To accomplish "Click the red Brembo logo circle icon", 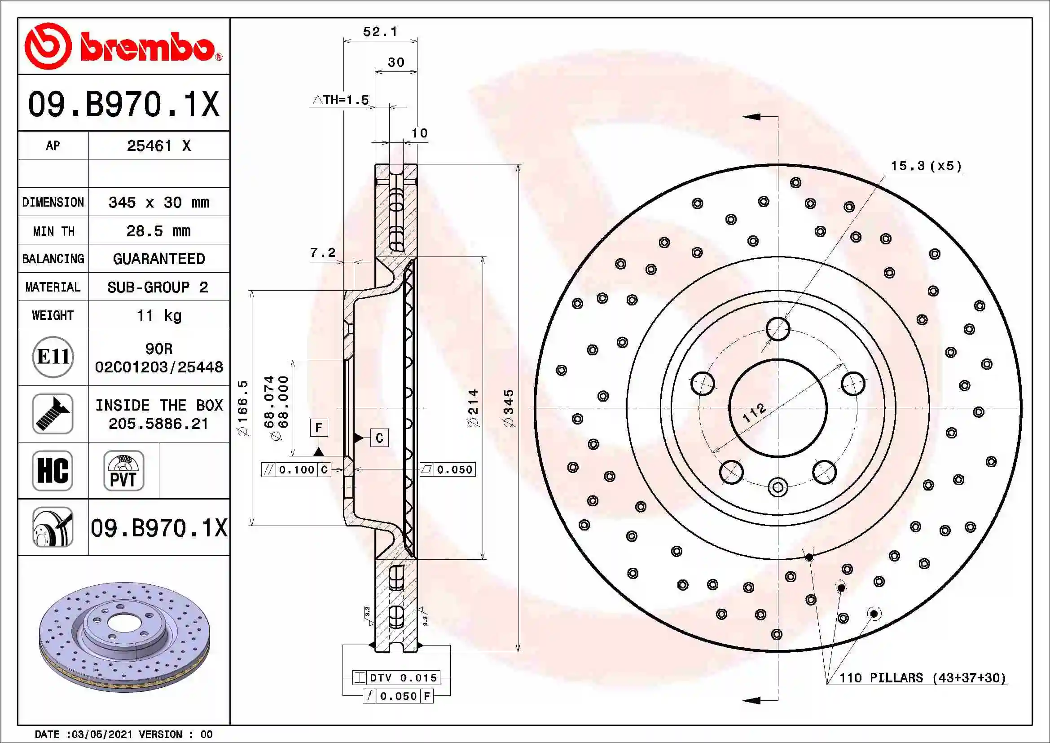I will pyautogui.click(x=48, y=46).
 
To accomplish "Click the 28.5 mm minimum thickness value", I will pyautogui.click(x=158, y=230).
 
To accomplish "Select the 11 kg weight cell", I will pyautogui.click(x=158, y=315).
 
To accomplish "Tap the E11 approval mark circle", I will pyautogui.click(x=53, y=357).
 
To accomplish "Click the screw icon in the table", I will pyautogui.click(x=53, y=414).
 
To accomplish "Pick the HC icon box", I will pyautogui.click(x=53, y=470).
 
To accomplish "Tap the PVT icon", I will pyautogui.click(x=123, y=470).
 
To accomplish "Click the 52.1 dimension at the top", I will pyautogui.click(x=380, y=31).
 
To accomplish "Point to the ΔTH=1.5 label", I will pyautogui.click(x=341, y=100).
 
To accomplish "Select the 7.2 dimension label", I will pyautogui.click(x=322, y=252).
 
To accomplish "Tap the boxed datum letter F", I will pyautogui.click(x=319, y=427).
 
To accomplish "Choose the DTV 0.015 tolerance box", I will pyautogui.click(x=396, y=677).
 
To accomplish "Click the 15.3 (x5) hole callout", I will pyautogui.click(x=926, y=166).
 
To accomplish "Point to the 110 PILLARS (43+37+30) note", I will pyautogui.click(x=923, y=677).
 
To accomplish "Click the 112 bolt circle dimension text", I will pyautogui.click(x=754, y=412).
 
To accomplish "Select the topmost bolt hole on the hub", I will pyautogui.click(x=778, y=328).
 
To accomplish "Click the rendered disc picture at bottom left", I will pyautogui.click(x=124, y=637).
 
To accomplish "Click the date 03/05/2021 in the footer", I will pyautogui.click(x=102, y=734).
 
